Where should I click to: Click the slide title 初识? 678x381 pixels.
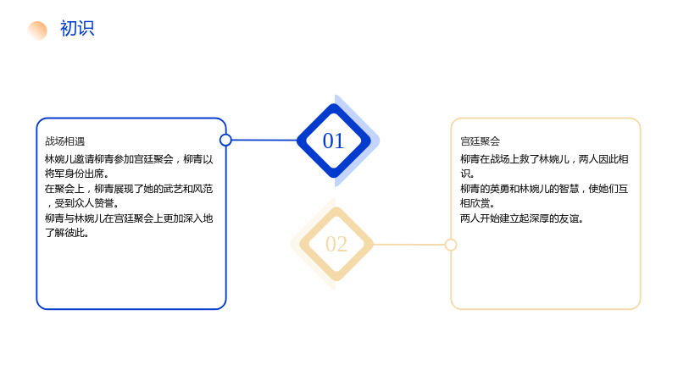pos(77,29)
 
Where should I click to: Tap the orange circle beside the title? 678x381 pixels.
pos(37,30)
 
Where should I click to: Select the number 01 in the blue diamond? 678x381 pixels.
pos(333,141)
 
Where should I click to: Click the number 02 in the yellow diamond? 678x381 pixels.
pos(336,244)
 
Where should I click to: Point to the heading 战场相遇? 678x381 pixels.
pos(65,141)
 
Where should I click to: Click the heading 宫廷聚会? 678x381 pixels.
pos(480,141)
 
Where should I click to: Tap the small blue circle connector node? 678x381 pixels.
pos(225,140)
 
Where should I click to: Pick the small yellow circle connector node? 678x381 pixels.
pos(451,245)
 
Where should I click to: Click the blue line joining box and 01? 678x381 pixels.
pos(264,140)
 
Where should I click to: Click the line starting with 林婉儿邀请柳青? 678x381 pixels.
pos(129,159)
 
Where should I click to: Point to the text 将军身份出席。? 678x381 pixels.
pos(76,174)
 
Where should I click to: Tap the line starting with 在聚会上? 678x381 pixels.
pos(129,189)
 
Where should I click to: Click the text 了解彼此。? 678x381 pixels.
pos(67,233)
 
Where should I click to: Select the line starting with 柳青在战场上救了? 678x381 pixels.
pos(544,159)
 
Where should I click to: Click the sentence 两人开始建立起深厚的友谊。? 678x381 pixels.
pos(522,218)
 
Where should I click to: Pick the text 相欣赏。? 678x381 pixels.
pos(477,203)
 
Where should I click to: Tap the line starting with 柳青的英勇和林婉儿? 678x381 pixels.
pos(544,189)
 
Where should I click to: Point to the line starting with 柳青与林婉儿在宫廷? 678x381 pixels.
pos(129,218)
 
